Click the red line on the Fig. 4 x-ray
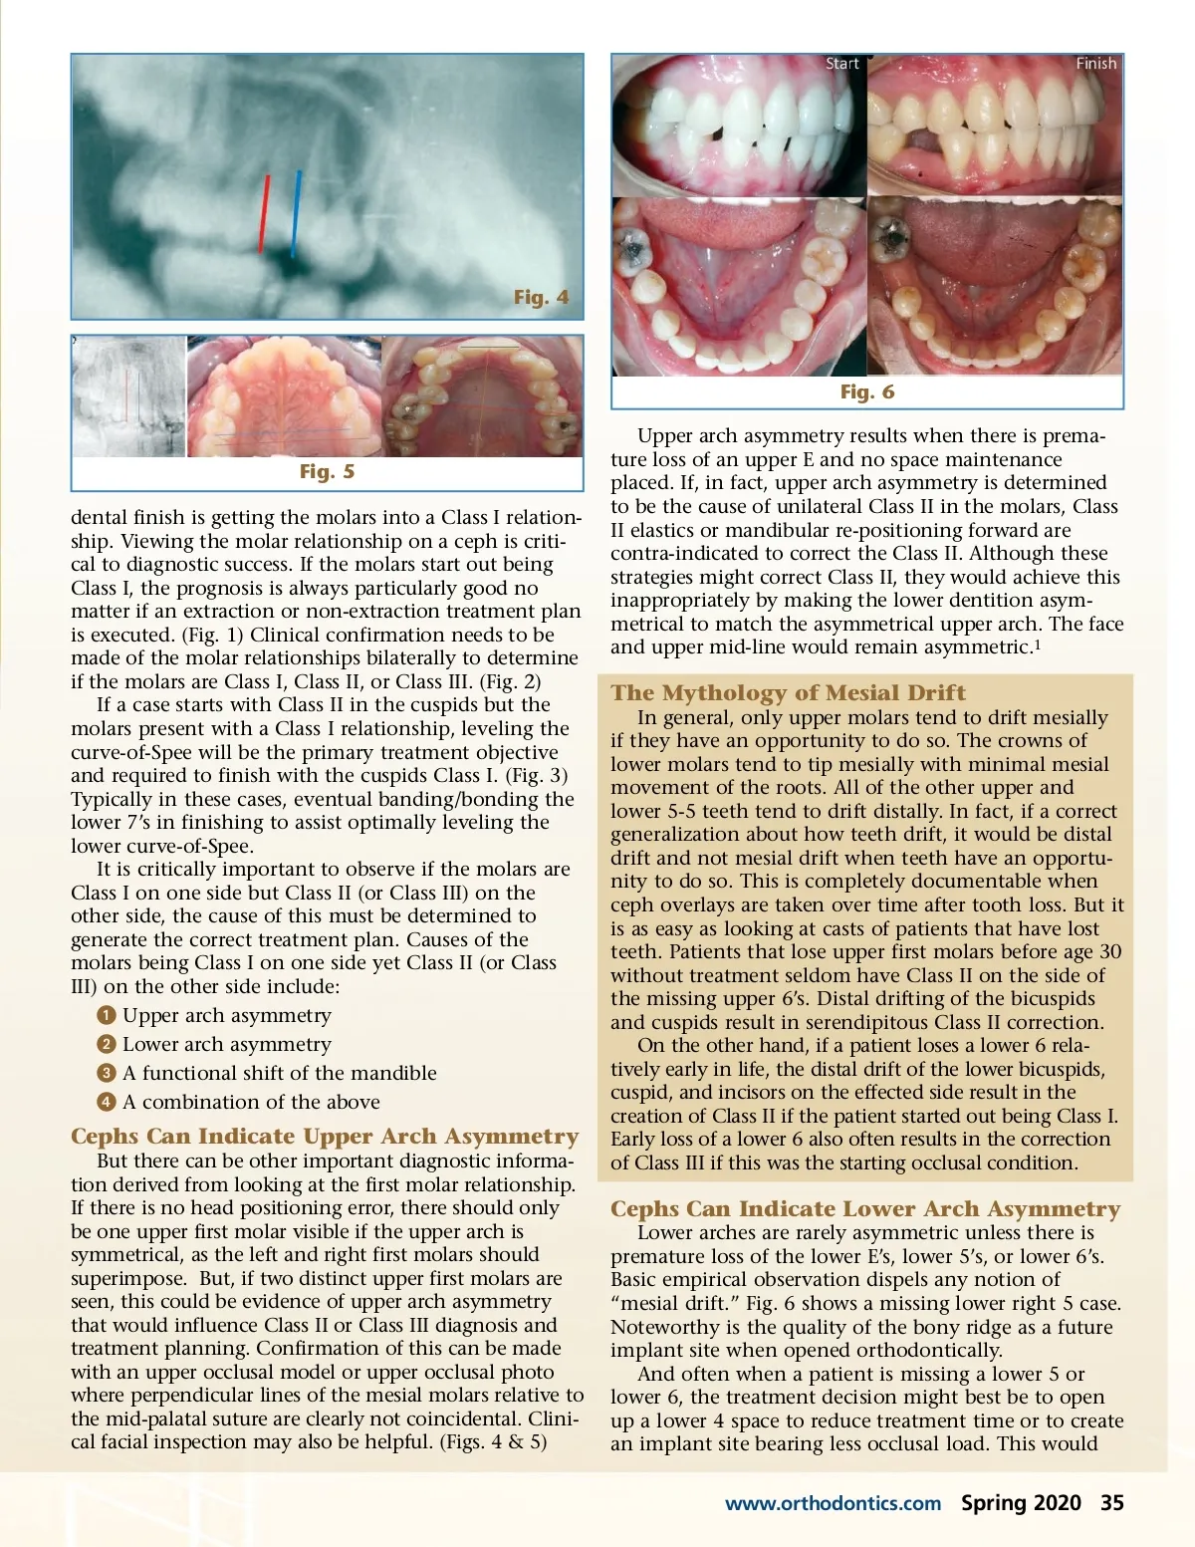point(264,213)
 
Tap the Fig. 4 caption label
point(541,297)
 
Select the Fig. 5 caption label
point(327,471)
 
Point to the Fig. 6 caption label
point(866,391)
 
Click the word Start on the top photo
point(841,64)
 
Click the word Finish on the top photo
point(1095,64)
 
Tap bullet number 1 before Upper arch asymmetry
point(107,1015)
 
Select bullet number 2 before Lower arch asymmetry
point(107,1044)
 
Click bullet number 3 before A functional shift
point(107,1073)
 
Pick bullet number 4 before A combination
point(107,1102)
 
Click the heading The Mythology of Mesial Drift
point(788,692)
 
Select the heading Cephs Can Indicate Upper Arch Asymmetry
point(325,1137)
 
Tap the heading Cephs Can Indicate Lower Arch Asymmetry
point(865,1209)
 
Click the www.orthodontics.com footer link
point(833,1503)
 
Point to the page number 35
point(1111,1502)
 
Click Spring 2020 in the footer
point(1021,1502)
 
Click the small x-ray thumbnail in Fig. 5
point(128,396)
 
